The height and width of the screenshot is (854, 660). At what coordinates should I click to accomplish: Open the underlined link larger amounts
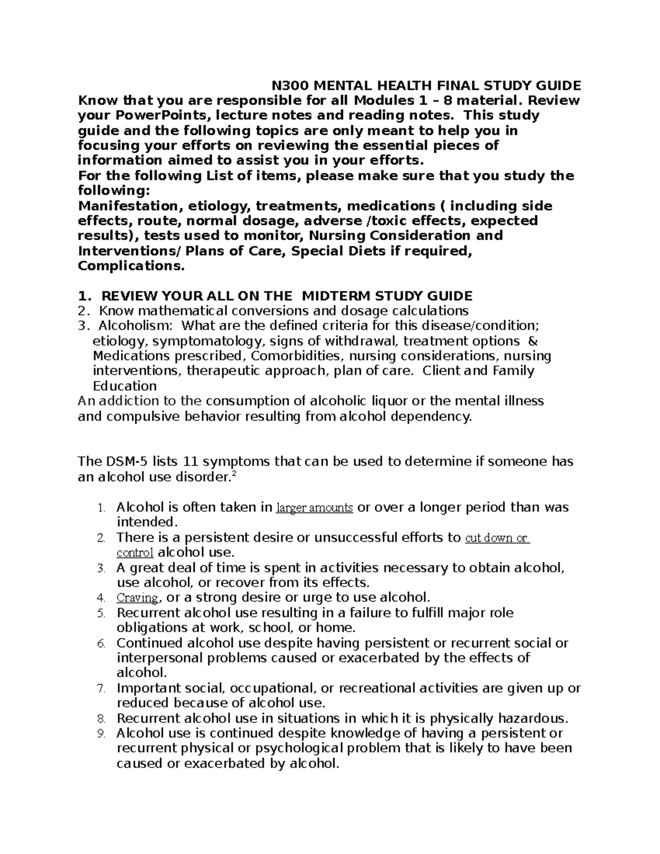click(314, 508)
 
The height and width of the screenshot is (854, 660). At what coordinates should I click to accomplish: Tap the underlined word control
click(135, 553)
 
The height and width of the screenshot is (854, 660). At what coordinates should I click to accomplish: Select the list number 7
click(100, 688)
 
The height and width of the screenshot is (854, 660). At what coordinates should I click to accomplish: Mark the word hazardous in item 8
click(532, 718)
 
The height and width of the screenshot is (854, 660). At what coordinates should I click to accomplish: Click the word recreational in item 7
click(377, 688)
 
